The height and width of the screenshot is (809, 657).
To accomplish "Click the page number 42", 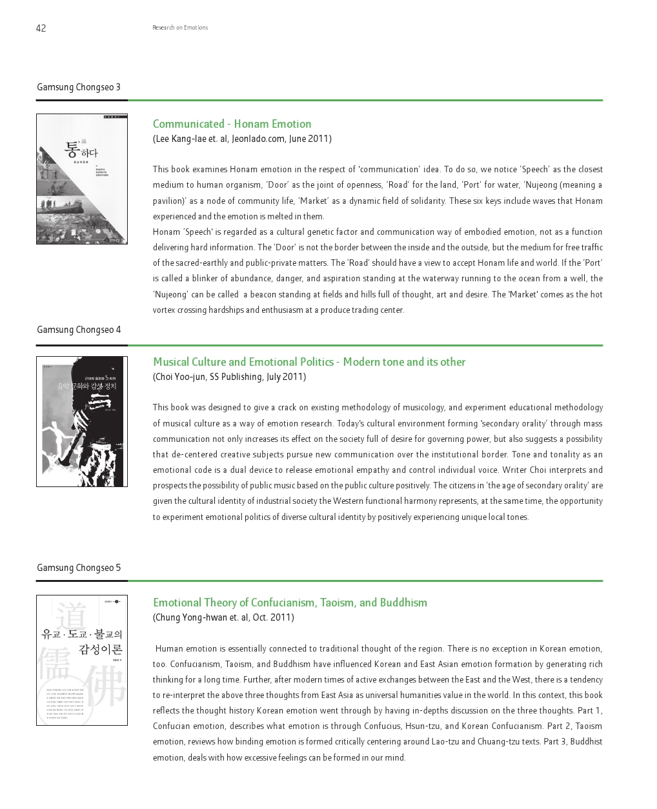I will point(41,28).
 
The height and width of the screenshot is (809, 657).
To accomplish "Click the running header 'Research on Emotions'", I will point(180,28).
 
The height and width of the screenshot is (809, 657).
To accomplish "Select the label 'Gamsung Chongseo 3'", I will point(79,87).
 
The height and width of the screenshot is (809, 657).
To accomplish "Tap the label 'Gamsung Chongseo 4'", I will point(79,330).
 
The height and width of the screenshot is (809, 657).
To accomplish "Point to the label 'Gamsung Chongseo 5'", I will point(79,568).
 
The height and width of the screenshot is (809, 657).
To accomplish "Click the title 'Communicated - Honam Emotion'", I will point(232,124).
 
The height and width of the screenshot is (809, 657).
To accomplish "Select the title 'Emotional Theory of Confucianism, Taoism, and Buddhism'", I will point(290,603).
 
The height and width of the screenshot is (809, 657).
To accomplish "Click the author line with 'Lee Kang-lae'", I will point(242,139).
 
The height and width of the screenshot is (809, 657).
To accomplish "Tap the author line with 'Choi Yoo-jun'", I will point(229,377).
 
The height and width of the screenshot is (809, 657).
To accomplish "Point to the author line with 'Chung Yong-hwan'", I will point(223,617).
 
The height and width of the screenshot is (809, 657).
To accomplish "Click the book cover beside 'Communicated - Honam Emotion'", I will point(82,179).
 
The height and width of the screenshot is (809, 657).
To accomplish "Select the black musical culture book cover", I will point(82,422).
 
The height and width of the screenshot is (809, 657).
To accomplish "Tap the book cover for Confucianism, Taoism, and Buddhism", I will point(82,660).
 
